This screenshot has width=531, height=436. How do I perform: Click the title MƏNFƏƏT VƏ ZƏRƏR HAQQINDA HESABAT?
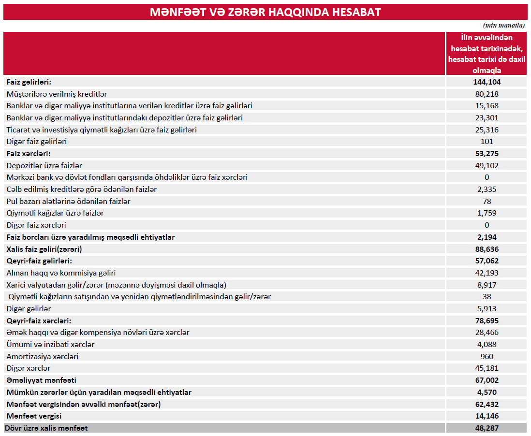point(265,12)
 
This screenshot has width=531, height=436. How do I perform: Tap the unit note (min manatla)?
point(503,25)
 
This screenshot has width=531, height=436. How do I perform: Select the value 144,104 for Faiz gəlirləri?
point(486,82)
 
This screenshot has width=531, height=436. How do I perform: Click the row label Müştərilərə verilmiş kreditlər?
point(57,94)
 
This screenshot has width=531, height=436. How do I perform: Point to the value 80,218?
point(487,94)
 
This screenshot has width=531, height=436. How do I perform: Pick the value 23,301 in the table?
point(487,117)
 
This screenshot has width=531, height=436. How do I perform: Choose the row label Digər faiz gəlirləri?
point(36,142)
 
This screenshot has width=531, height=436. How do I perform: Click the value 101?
point(487,142)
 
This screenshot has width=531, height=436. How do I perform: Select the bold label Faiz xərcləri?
point(29,154)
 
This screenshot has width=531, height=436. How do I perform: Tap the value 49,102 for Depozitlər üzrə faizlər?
point(487,165)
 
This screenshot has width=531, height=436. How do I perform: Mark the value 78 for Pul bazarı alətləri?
point(487,201)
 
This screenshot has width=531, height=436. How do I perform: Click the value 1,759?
point(487,213)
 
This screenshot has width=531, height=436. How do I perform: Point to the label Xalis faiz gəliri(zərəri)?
point(44,249)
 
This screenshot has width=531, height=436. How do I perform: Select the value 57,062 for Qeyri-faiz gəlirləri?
point(486,261)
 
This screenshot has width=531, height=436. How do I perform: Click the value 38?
point(487,297)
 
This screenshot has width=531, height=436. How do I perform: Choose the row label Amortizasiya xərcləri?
point(43,356)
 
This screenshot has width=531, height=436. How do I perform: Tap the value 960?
point(487,356)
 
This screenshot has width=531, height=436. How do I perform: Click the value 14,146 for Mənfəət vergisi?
point(486,416)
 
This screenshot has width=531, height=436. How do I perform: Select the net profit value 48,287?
point(486,428)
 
